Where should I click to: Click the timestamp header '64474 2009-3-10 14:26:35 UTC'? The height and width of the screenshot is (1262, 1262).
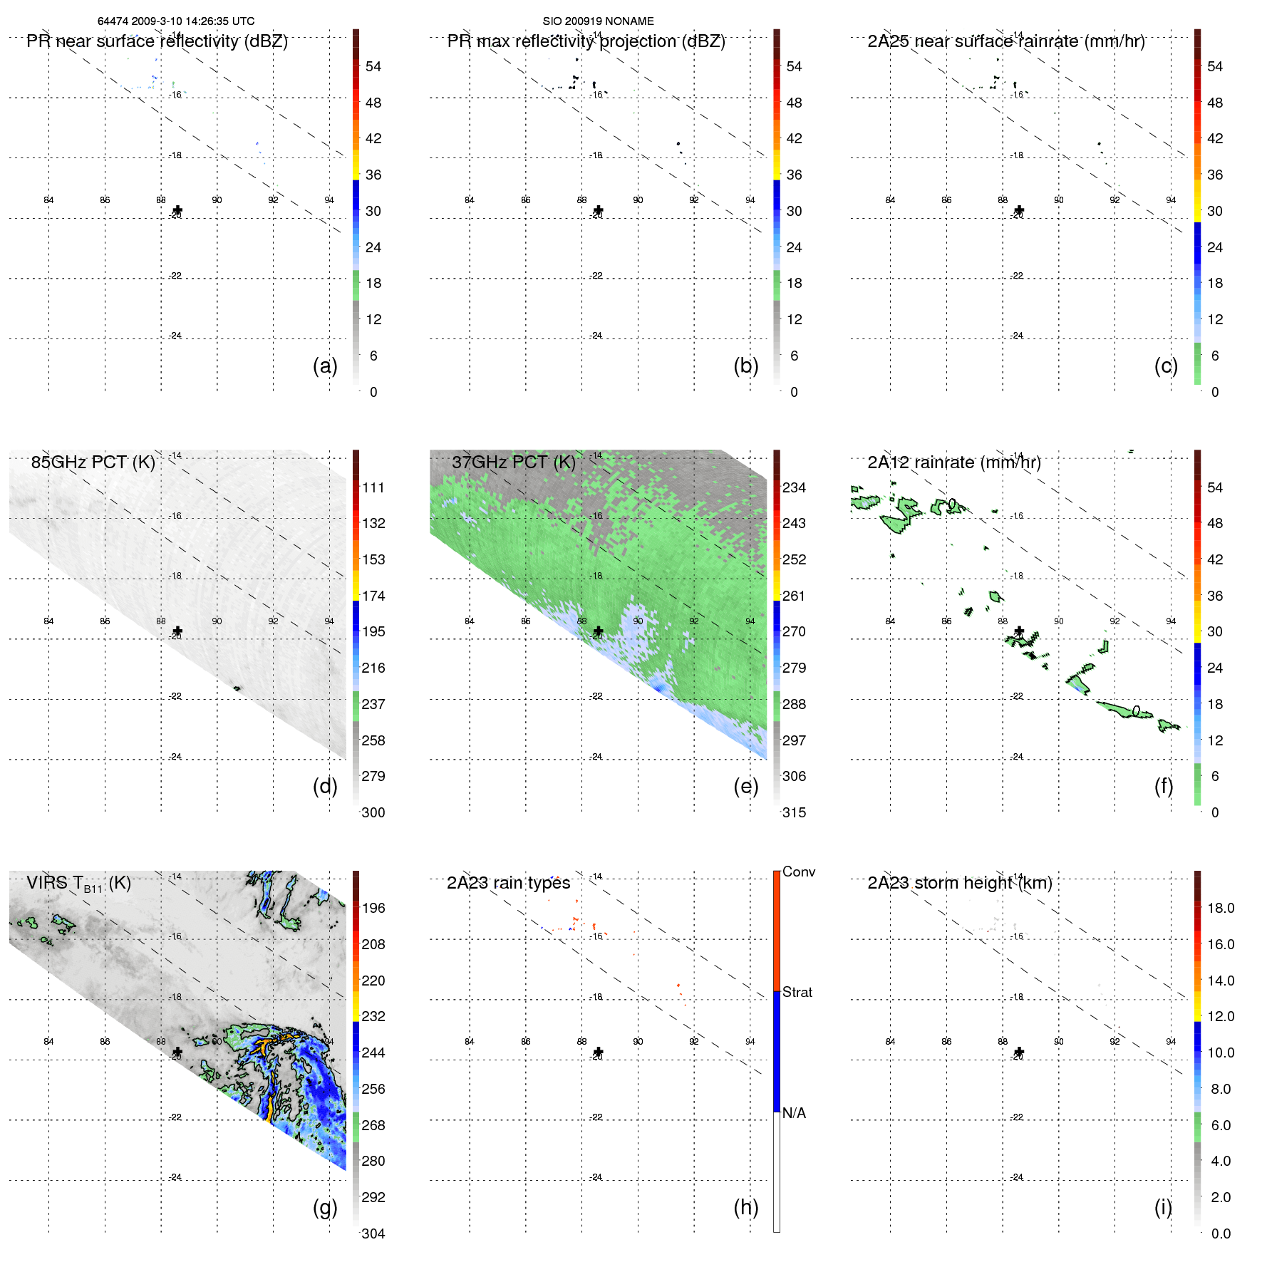(176, 21)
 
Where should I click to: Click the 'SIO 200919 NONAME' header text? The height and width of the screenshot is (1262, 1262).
(598, 21)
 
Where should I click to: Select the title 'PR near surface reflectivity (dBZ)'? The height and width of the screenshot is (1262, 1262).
(157, 41)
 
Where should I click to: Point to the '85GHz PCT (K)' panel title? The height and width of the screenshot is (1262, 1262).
(93, 462)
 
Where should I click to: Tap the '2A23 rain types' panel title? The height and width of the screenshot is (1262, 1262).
(508, 883)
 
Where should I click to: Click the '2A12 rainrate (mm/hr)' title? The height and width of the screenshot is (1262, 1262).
(954, 462)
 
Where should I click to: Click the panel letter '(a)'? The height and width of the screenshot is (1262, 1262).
(325, 366)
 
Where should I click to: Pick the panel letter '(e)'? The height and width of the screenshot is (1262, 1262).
(745, 786)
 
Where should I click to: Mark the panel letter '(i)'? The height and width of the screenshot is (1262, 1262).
(1163, 1207)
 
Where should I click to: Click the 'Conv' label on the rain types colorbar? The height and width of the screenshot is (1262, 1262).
(799, 871)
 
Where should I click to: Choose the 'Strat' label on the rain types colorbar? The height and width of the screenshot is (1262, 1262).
(797, 992)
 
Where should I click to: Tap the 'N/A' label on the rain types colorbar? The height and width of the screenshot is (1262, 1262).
(794, 1113)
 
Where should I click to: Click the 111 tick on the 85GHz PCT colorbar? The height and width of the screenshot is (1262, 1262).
(373, 487)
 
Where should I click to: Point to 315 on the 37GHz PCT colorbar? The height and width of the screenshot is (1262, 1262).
(794, 812)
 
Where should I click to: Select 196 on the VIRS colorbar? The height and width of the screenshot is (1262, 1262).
(373, 908)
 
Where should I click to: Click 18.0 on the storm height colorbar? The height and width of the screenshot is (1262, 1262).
(1221, 908)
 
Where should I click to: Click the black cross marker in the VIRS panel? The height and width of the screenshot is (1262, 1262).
(177, 1052)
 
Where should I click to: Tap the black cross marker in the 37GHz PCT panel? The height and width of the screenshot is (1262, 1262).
(599, 631)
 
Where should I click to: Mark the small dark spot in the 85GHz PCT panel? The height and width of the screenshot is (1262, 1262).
(237, 688)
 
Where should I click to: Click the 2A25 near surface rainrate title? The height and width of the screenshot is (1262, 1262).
(1005, 41)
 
